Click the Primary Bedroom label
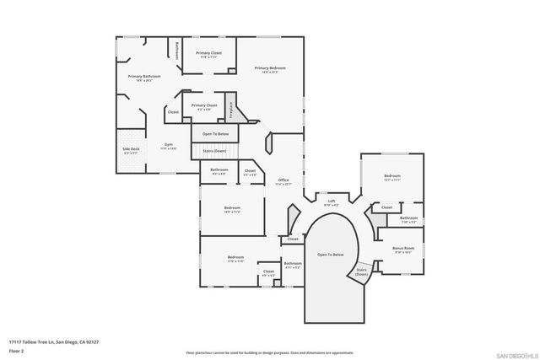tap(270, 67)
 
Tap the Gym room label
tap(169, 146)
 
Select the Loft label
tap(332, 202)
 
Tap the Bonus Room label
tap(403, 249)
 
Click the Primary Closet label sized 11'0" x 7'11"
tap(208, 54)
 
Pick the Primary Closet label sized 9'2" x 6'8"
tap(204, 106)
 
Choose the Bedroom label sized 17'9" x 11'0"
tap(235, 258)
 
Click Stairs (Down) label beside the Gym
tap(214, 150)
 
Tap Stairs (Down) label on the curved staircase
tap(361, 271)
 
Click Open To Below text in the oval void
tap(330, 254)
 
